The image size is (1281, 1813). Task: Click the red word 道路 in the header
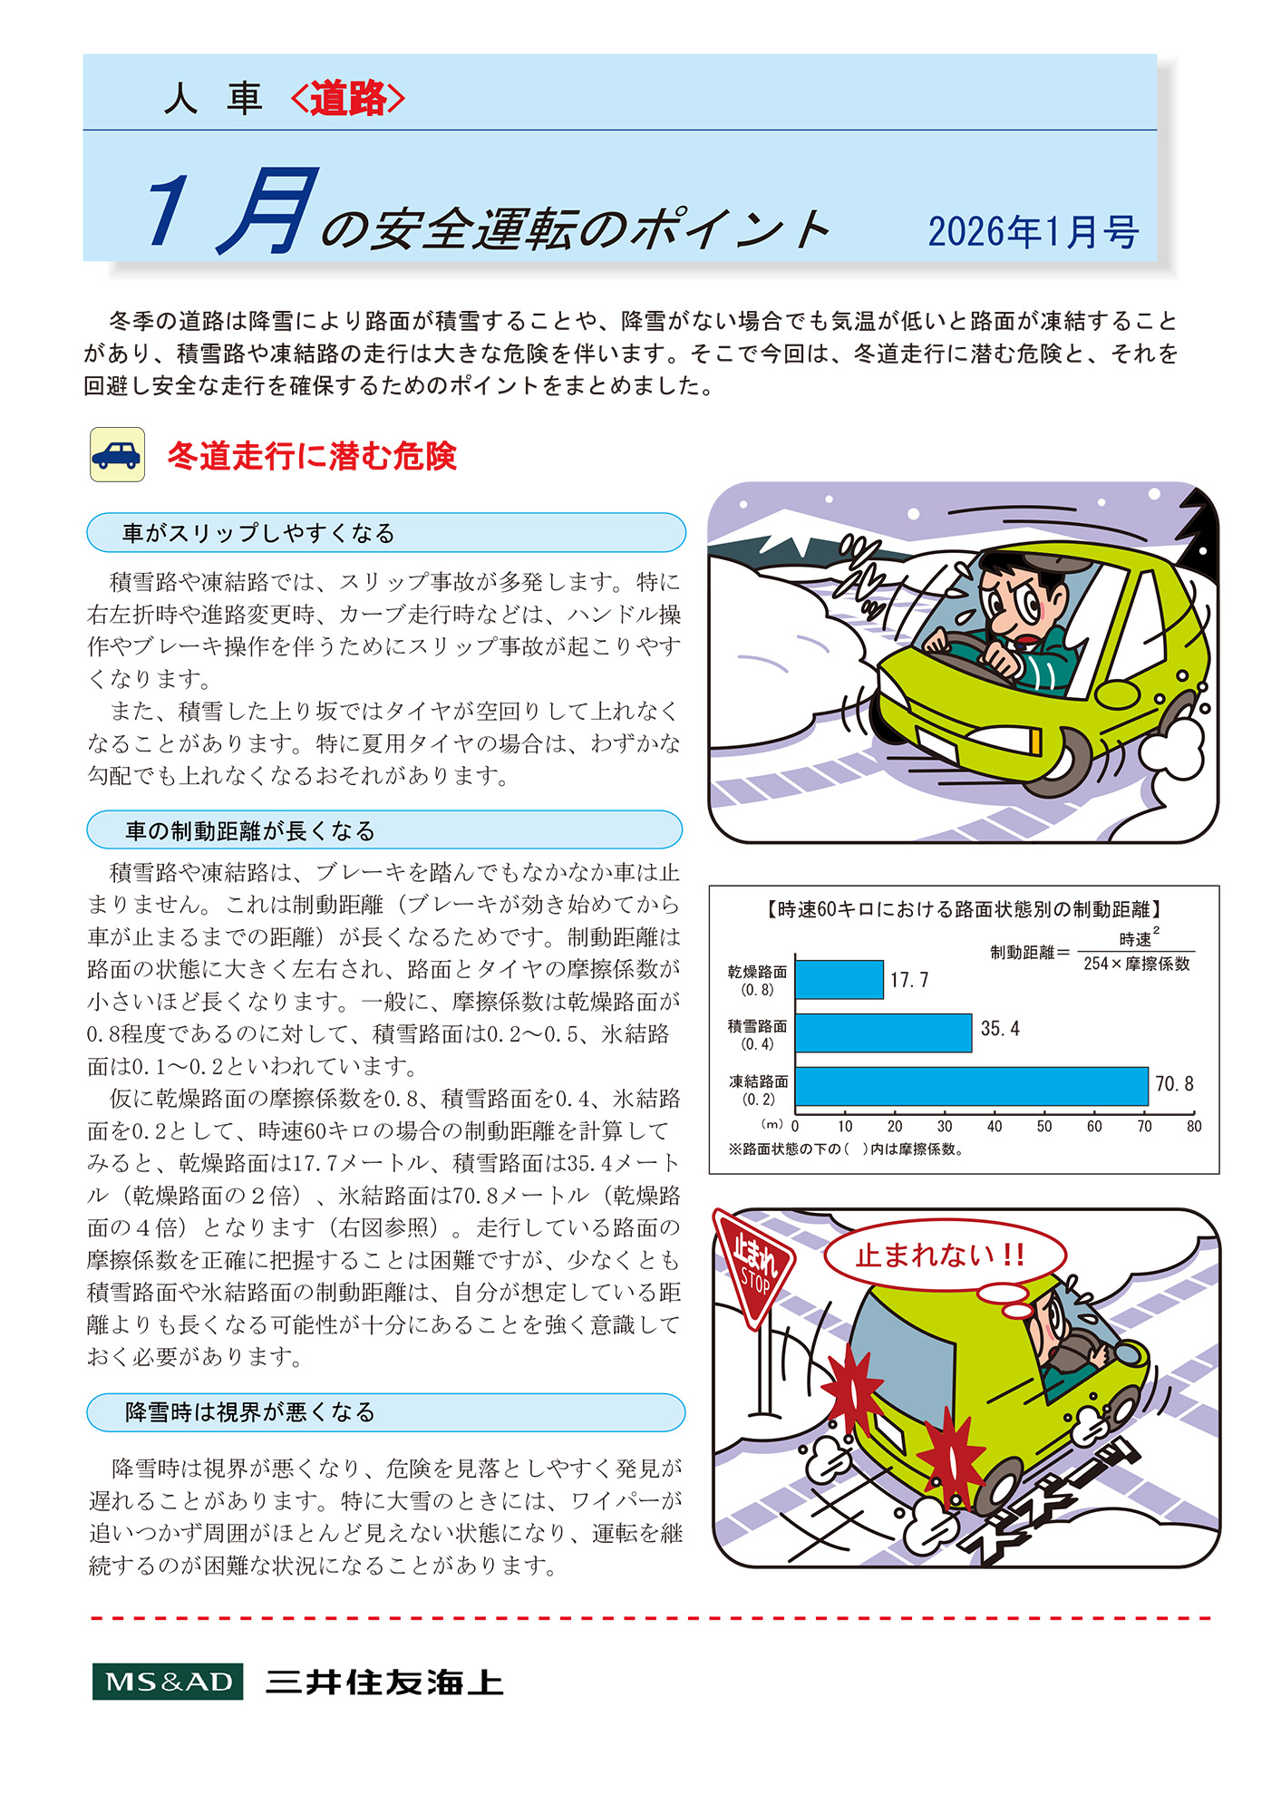click(x=348, y=99)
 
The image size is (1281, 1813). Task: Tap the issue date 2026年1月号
click(x=1033, y=232)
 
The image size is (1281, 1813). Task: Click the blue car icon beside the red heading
click(x=117, y=454)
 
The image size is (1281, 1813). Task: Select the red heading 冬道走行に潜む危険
click(x=311, y=456)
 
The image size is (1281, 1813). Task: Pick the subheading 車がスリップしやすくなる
click(x=258, y=533)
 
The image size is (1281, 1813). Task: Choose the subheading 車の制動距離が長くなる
click(x=249, y=830)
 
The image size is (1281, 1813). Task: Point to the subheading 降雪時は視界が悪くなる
click(x=249, y=1411)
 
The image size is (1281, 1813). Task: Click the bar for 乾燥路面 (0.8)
click(x=839, y=980)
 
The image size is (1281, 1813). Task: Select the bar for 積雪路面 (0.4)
click(x=883, y=1033)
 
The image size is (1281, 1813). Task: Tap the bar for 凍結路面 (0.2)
click(x=971, y=1086)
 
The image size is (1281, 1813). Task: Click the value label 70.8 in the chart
click(x=1174, y=1084)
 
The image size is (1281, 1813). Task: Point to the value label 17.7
click(x=908, y=980)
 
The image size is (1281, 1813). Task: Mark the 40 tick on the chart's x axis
click(x=995, y=1127)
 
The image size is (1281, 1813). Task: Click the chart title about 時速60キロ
click(x=964, y=909)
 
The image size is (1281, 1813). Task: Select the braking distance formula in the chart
click(x=1092, y=952)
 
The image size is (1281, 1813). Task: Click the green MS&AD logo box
click(x=168, y=1682)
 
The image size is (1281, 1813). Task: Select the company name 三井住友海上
click(x=384, y=1682)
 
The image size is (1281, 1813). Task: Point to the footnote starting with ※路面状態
click(x=846, y=1149)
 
